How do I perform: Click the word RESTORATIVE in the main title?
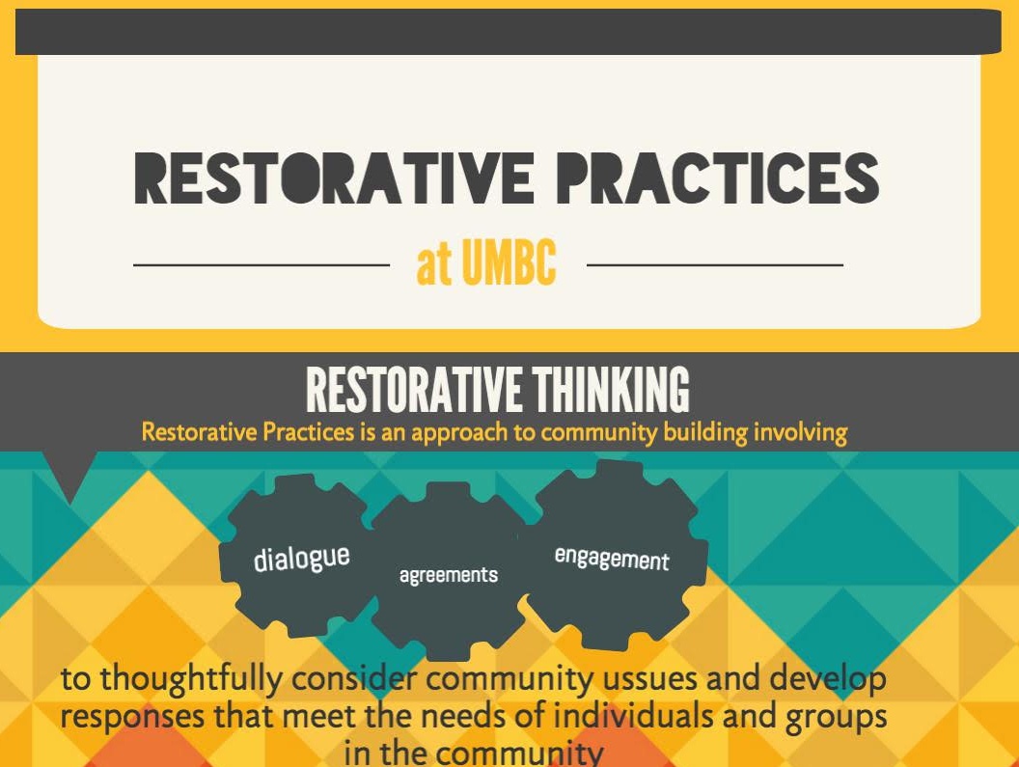coord(334,178)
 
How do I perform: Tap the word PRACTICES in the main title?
coord(719,178)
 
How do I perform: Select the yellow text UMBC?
coord(509,262)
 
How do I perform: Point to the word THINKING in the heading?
coord(611,390)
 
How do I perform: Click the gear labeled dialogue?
coord(300,557)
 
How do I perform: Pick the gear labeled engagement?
coord(614,556)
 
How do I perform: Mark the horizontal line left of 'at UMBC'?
coord(262,265)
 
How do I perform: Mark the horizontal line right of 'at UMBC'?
coord(715,265)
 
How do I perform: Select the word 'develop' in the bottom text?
coord(828,679)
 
